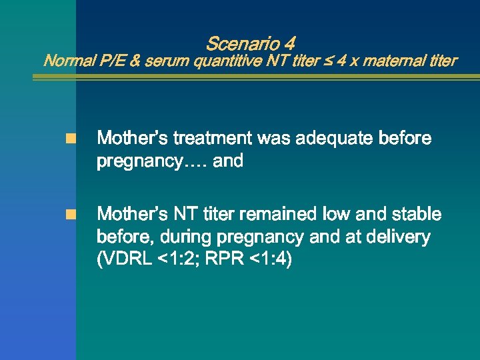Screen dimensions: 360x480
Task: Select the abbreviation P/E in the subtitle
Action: pyautogui.click(x=110, y=61)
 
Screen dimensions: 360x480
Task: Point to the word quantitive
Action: pyautogui.click(x=224, y=61)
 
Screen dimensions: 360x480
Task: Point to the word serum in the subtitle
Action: pyautogui.click(x=166, y=61)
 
